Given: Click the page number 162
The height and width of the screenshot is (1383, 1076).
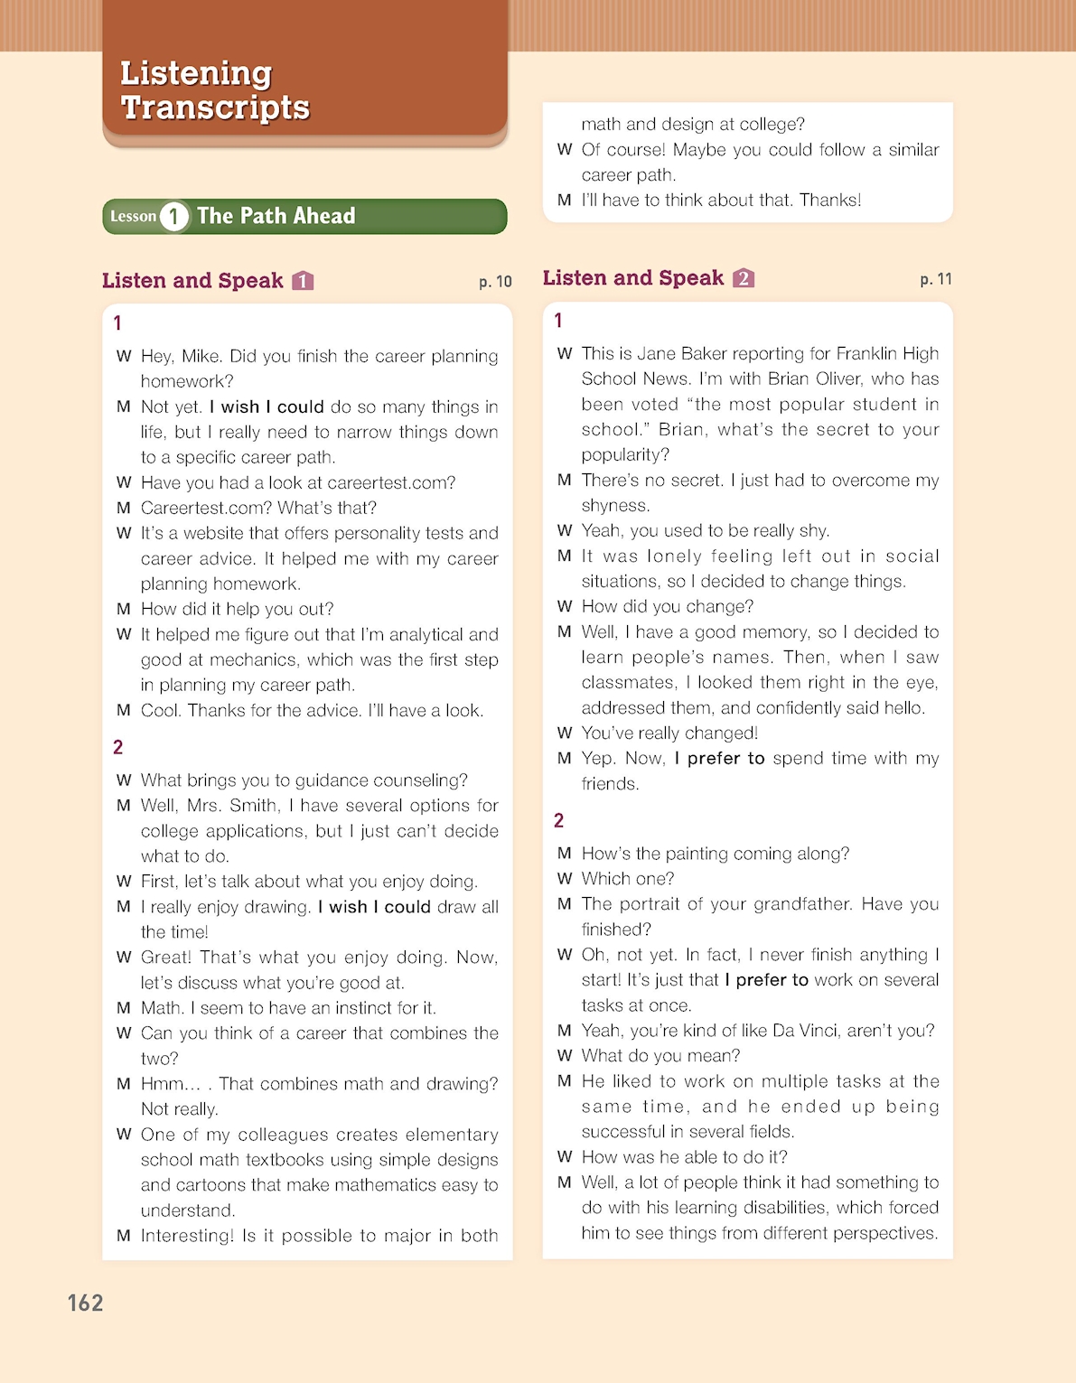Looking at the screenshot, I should (x=86, y=1303).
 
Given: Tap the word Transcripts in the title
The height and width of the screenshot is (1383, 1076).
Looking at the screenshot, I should (x=216, y=107).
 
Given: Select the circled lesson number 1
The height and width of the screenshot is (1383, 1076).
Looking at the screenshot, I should (x=173, y=217).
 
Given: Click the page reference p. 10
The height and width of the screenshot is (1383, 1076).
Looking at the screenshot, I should (x=495, y=282).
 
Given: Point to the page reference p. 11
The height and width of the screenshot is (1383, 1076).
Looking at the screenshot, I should (x=936, y=279).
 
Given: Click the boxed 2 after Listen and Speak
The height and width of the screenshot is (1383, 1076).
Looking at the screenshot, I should (x=744, y=278).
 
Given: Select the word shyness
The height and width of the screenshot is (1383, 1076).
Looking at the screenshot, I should (x=615, y=505).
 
